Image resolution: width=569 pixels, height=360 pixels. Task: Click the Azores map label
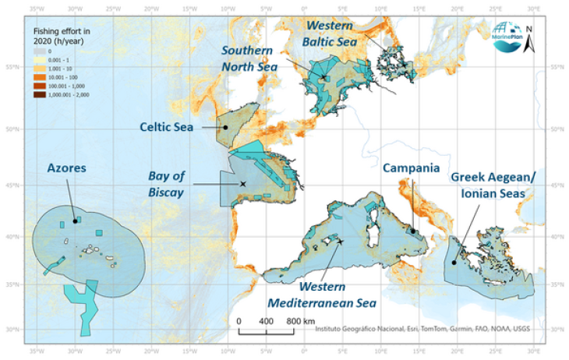66,168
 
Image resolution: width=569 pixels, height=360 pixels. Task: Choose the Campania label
411,168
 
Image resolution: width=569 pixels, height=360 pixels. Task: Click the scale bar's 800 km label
295,321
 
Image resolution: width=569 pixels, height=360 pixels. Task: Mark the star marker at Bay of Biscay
243,184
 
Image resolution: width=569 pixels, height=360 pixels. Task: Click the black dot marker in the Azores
75,221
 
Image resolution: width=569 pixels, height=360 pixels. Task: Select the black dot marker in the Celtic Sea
225,127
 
